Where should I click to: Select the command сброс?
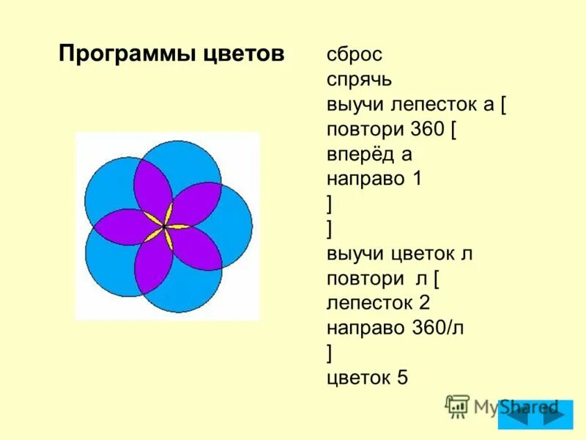coord(355,55)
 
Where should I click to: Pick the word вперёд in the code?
coord(361,154)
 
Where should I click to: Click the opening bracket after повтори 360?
coord(454,130)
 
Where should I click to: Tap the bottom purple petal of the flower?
coord(154,265)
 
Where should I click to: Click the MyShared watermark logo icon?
coord(457,406)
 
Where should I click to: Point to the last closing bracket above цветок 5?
coord(330,353)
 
